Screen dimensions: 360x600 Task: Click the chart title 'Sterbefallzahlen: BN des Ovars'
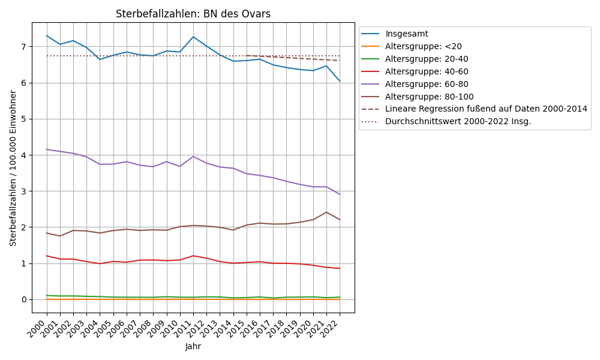pyautogui.click(x=193, y=14)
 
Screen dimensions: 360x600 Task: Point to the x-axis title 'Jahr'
pyautogui.click(x=193, y=346)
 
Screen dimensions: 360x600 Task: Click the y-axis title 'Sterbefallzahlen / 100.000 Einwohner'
pyautogui.click(x=13, y=168)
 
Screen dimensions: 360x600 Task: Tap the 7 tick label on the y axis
pyautogui.click(x=23, y=47)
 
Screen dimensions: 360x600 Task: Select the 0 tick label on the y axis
pyautogui.click(x=23, y=299)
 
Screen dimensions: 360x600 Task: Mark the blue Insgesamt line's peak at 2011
pyautogui.click(x=193, y=37)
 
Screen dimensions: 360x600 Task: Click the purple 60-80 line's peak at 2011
pyautogui.click(x=193, y=157)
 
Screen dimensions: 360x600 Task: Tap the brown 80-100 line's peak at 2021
pyautogui.click(x=326, y=212)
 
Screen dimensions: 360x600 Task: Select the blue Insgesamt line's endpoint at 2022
pyautogui.click(x=340, y=81)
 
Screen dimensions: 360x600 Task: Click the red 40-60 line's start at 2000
pyautogui.click(x=47, y=256)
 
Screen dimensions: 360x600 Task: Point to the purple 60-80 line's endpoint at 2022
pyautogui.click(x=340, y=194)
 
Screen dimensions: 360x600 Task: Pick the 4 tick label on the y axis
pyautogui.click(x=23, y=155)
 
